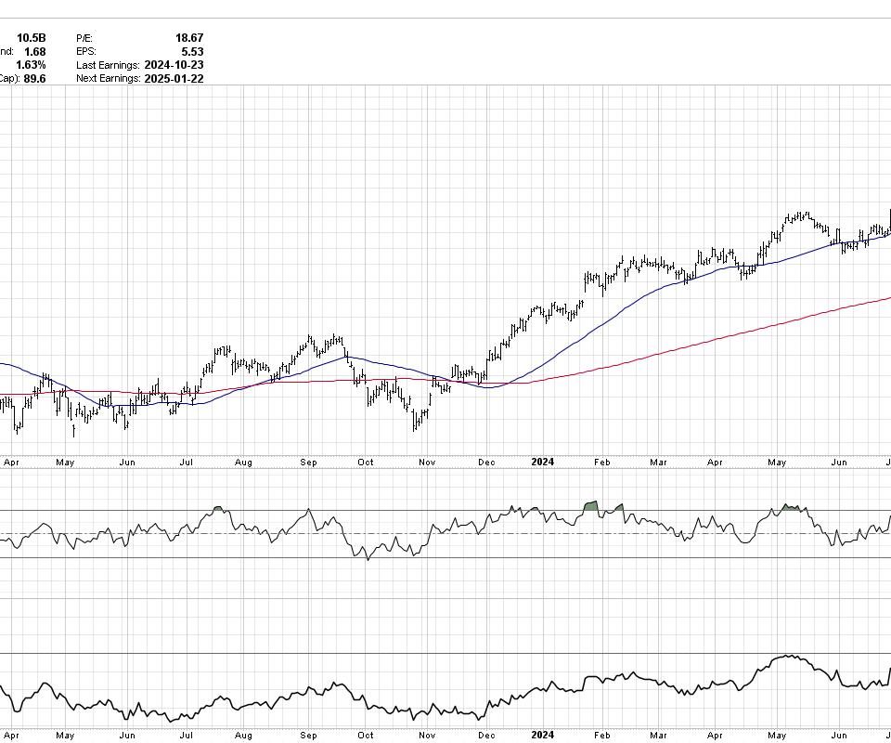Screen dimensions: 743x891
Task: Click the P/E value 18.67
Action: point(189,38)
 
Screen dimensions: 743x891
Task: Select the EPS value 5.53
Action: point(192,52)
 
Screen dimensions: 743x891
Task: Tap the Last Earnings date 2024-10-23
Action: point(174,65)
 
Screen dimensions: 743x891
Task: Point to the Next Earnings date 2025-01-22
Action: point(174,79)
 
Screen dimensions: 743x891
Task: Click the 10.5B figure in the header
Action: point(31,38)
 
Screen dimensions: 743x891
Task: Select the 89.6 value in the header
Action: point(34,79)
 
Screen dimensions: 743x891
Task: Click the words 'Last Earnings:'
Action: point(107,65)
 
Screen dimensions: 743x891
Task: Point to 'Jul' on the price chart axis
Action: point(186,462)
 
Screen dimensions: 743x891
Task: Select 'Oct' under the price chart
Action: point(366,462)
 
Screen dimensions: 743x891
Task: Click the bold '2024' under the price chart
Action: point(543,462)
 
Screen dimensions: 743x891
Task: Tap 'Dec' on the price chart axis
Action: point(485,462)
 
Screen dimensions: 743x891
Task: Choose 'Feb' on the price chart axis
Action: point(601,462)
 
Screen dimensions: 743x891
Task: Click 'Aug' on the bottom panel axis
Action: point(243,736)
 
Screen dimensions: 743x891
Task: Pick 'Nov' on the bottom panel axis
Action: point(427,736)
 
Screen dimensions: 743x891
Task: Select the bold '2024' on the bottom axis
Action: point(543,736)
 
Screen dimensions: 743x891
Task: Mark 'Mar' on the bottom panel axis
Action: point(658,736)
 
